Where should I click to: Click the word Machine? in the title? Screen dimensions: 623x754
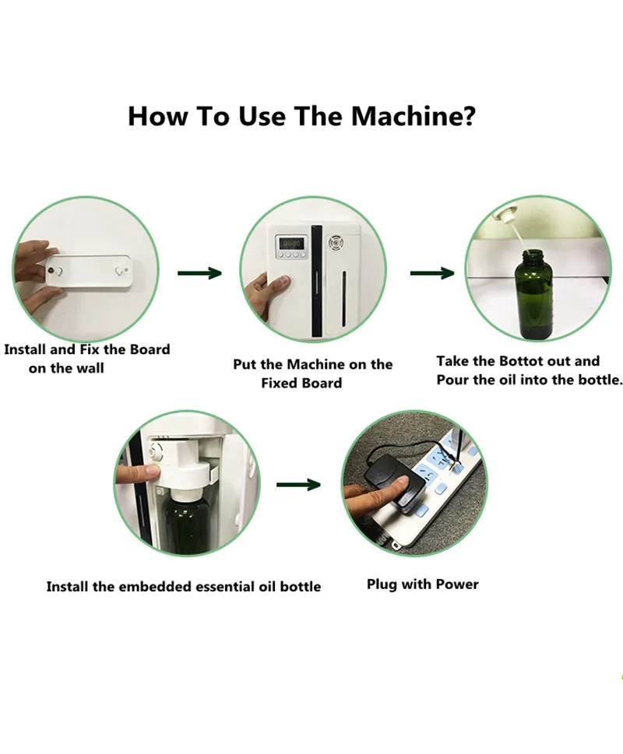click(414, 116)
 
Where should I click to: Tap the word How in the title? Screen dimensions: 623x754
click(157, 116)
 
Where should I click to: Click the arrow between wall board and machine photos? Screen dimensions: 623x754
click(199, 273)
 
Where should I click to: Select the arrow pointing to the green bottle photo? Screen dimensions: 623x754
click(432, 273)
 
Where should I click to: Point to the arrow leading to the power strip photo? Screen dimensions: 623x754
click(298, 484)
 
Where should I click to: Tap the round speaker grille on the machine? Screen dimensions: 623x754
click(334, 243)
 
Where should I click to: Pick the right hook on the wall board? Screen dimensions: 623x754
click(119, 271)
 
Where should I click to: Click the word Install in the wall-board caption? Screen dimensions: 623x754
click(25, 349)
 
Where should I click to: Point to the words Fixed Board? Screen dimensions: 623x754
click(301, 384)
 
